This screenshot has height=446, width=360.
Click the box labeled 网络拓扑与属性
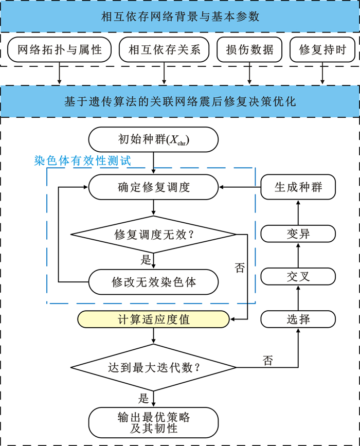(60, 50)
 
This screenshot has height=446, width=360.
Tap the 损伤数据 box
(250, 50)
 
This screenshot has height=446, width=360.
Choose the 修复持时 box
(323, 50)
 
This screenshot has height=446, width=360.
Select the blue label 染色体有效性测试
(82, 160)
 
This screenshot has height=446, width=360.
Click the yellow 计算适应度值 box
(153, 319)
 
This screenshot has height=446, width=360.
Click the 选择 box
(298, 319)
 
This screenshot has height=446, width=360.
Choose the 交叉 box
(298, 277)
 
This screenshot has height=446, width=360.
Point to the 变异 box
(298, 235)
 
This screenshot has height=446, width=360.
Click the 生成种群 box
(298, 187)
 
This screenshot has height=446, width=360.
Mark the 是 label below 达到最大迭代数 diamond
(143, 398)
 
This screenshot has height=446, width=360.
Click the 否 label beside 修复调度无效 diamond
(240, 267)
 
